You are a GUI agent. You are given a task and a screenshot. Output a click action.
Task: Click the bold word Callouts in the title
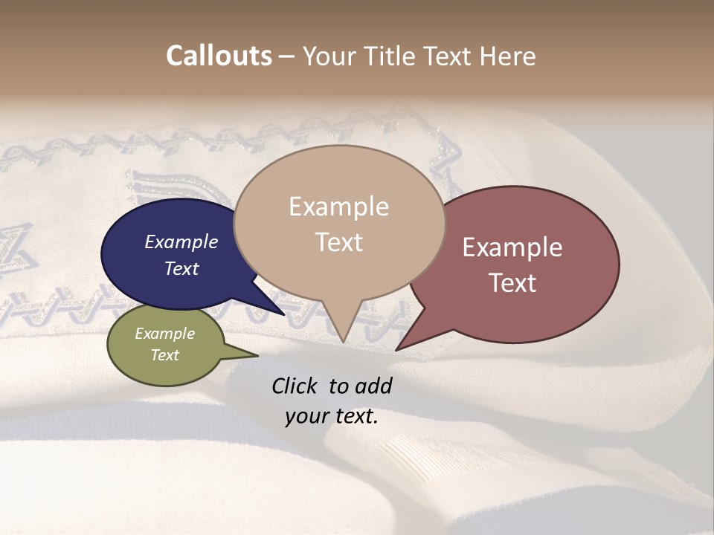coord(219,56)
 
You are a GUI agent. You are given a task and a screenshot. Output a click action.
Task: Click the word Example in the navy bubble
coord(181,241)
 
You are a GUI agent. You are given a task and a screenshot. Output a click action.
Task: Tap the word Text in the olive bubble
coord(164,355)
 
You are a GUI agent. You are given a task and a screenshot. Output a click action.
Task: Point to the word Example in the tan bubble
coord(338,207)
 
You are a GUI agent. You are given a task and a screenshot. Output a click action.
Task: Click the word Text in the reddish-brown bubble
coord(512,283)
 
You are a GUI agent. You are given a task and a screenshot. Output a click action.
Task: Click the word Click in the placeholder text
coord(295,386)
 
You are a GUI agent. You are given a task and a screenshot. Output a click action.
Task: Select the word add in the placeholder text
coord(373,386)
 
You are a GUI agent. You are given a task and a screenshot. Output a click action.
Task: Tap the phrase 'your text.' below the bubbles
coord(332,416)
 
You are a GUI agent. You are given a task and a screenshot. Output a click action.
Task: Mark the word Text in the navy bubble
coord(181,268)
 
